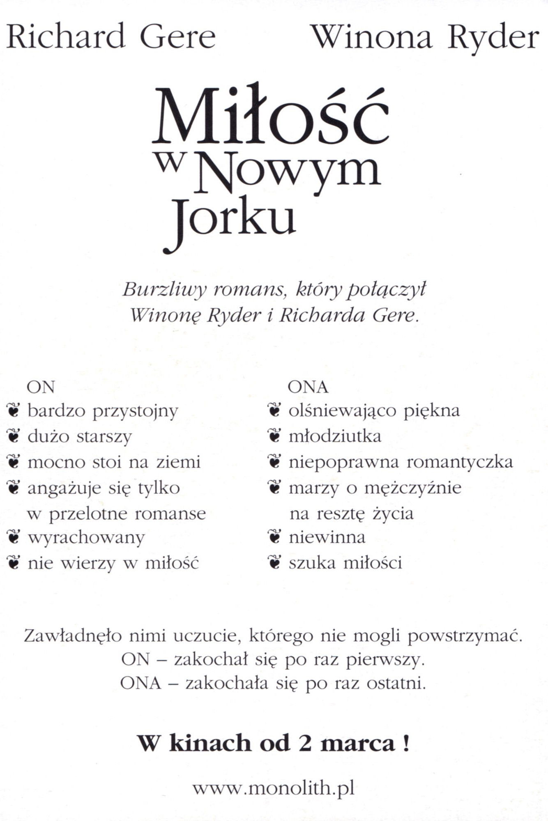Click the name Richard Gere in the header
111,37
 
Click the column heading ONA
308,387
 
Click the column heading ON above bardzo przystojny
41,387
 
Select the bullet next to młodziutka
274,436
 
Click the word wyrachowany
86,538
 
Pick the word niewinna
327,537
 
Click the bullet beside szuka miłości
274,563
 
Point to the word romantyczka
460,462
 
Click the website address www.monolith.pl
274,789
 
